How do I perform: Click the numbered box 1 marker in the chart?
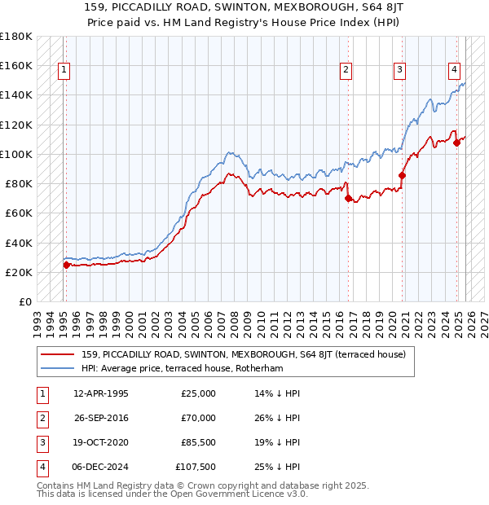(x=64, y=70)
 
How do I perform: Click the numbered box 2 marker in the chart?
(x=346, y=70)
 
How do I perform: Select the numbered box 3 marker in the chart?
(x=400, y=70)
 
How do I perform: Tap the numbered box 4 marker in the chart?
(x=454, y=70)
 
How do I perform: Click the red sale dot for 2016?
(x=348, y=198)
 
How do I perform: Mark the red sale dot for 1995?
(x=66, y=264)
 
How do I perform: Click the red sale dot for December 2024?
(x=456, y=143)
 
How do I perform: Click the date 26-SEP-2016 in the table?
(x=100, y=418)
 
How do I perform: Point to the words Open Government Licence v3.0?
(x=244, y=494)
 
